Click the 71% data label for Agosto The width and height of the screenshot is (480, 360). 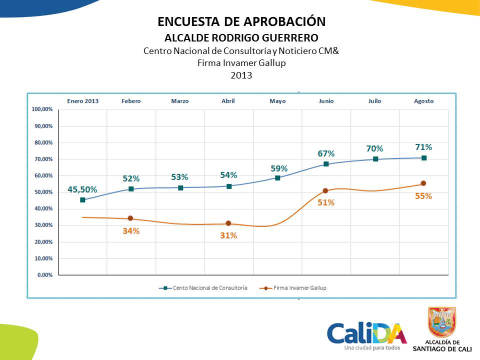tap(423, 147)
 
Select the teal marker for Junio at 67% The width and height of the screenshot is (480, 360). tap(326, 164)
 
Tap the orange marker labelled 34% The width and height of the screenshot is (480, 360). tap(130, 218)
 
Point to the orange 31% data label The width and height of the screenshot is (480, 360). tap(228, 235)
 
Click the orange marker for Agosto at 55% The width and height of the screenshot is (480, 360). tap(423, 183)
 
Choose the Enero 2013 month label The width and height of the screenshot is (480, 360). tap(83, 101)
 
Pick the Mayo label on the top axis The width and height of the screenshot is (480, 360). tap(277, 101)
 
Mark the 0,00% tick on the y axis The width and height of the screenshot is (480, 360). tap(45, 275)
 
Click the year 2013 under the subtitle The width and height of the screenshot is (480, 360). tap(241, 75)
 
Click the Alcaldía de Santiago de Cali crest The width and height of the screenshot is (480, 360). tap(441, 322)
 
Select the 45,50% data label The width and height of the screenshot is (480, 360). tap(82, 190)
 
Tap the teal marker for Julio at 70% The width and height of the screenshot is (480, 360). tap(375, 159)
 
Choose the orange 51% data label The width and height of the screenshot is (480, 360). tap(325, 202)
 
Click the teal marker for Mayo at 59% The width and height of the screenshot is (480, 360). tap(277, 177)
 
